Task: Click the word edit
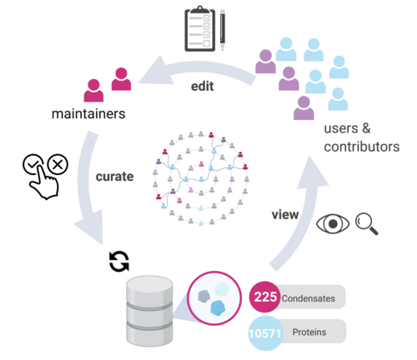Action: pyautogui.click(x=202, y=86)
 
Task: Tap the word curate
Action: pyautogui.click(x=114, y=177)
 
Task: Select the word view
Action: pyautogui.click(x=285, y=214)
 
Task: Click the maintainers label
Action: pyautogui.click(x=88, y=113)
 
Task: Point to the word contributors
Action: pyautogui.click(x=362, y=147)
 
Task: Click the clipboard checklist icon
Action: pyautogui.click(x=200, y=29)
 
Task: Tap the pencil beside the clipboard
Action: pyautogui.click(x=223, y=30)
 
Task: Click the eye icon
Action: pyautogui.click(x=333, y=223)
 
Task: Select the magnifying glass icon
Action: pyautogui.click(x=366, y=224)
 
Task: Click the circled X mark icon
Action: pyautogui.click(x=58, y=164)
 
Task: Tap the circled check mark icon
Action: pyautogui.click(x=33, y=164)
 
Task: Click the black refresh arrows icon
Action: pyautogui.click(x=119, y=262)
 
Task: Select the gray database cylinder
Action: pyautogui.click(x=149, y=311)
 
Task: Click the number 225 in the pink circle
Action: pyautogui.click(x=265, y=297)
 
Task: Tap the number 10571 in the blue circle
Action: pyautogui.click(x=264, y=333)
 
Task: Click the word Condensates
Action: pyautogui.click(x=309, y=298)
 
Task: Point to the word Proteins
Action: pyautogui.click(x=309, y=332)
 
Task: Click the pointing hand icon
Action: pyautogui.click(x=44, y=182)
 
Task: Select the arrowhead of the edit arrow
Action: pyautogui.click(x=154, y=72)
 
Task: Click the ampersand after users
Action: pyautogui.click(x=366, y=128)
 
